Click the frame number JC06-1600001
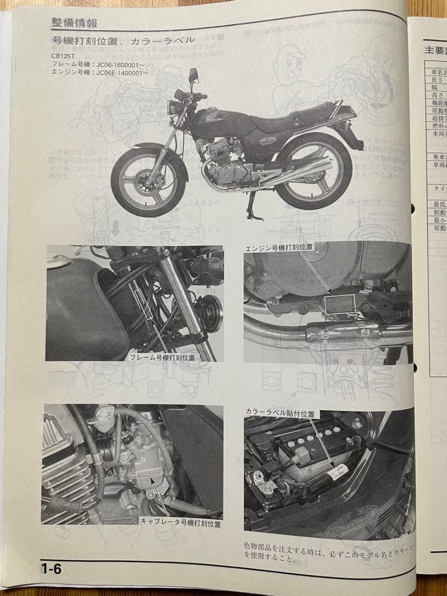point(94,64)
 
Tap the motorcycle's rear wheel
point(313,171)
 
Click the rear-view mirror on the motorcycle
point(193,74)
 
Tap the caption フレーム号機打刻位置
point(162,358)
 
